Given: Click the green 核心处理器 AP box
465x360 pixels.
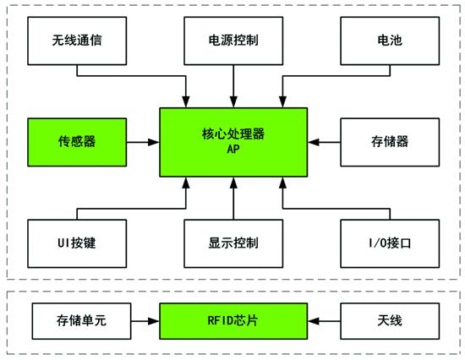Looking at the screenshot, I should pos(234,140).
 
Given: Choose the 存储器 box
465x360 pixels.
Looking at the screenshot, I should pos(390,140).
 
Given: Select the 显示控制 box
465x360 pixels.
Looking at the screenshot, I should pos(232,243).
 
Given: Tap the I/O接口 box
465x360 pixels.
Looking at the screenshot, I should pos(390,243).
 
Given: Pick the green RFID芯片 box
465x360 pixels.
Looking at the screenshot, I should pos(234,322).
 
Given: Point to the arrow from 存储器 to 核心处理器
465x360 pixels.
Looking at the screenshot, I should pos(323,140).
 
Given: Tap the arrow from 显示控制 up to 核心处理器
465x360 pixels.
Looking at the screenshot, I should pos(232,199).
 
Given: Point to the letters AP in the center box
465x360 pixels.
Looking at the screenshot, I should pos(234,150).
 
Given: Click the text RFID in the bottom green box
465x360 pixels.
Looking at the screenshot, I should pos(222,322).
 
